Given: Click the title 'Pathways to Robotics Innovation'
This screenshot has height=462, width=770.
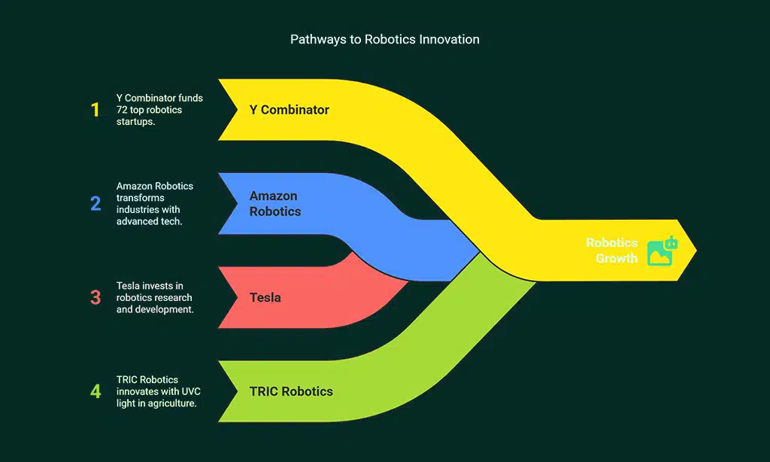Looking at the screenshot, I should [x=384, y=39].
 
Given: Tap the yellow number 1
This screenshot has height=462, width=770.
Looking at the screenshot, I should [x=95, y=110].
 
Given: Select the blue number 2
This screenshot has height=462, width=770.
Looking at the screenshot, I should [x=95, y=203].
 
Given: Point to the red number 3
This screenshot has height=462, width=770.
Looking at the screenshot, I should [x=95, y=297].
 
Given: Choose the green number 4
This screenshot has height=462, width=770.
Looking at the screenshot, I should [x=95, y=391].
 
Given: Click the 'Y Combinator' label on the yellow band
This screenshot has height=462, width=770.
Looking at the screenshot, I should [x=289, y=110].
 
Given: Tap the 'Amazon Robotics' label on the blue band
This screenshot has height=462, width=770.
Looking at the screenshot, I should [x=275, y=204].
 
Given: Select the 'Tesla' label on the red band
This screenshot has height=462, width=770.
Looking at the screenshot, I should [x=265, y=297].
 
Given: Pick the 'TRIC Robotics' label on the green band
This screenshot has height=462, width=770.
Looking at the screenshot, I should [x=291, y=391].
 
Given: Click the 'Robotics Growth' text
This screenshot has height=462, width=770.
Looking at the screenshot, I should [x=612, y=251].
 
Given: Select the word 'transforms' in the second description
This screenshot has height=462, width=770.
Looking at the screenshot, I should [x=140, y=198].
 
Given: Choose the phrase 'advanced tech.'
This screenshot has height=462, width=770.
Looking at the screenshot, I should [x=149, y=221].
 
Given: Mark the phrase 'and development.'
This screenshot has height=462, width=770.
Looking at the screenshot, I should [x=155, y=309].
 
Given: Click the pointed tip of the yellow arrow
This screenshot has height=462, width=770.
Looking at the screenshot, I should [x=695, y=251].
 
